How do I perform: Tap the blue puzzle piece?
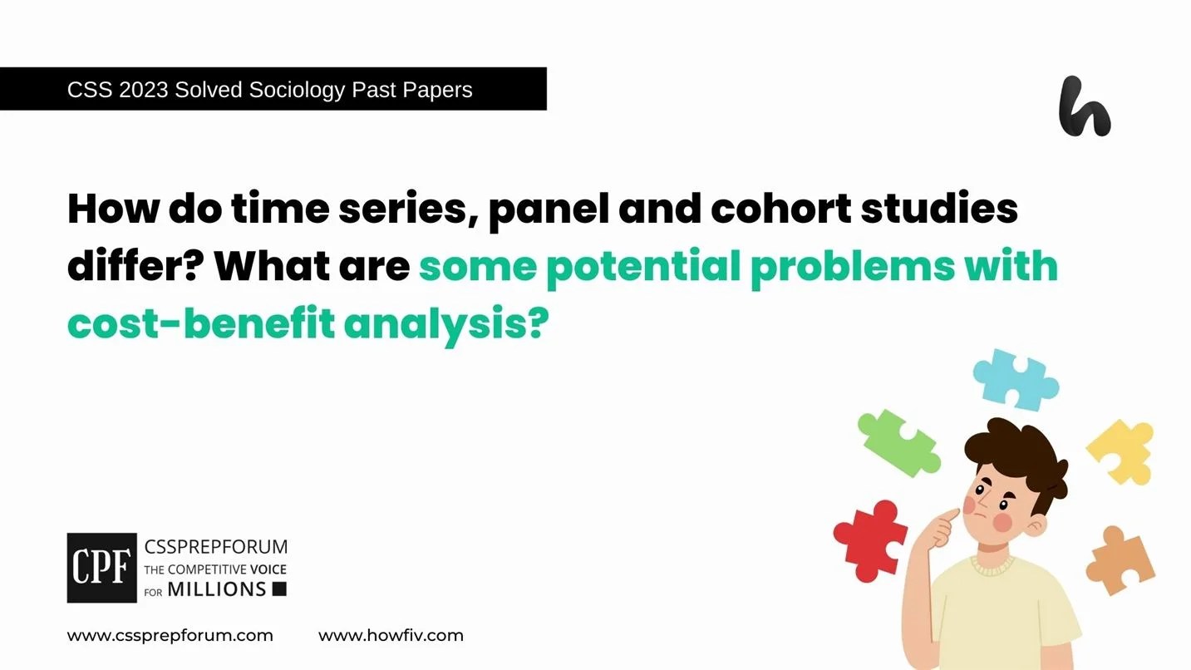1015,378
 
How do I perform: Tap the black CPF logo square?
101,568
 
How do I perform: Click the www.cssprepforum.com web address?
170,636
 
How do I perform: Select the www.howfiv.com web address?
391,636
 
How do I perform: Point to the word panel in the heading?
537,209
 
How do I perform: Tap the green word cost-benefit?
199,323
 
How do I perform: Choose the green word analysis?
447,325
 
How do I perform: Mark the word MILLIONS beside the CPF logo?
216,589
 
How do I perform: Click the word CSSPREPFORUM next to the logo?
215,547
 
